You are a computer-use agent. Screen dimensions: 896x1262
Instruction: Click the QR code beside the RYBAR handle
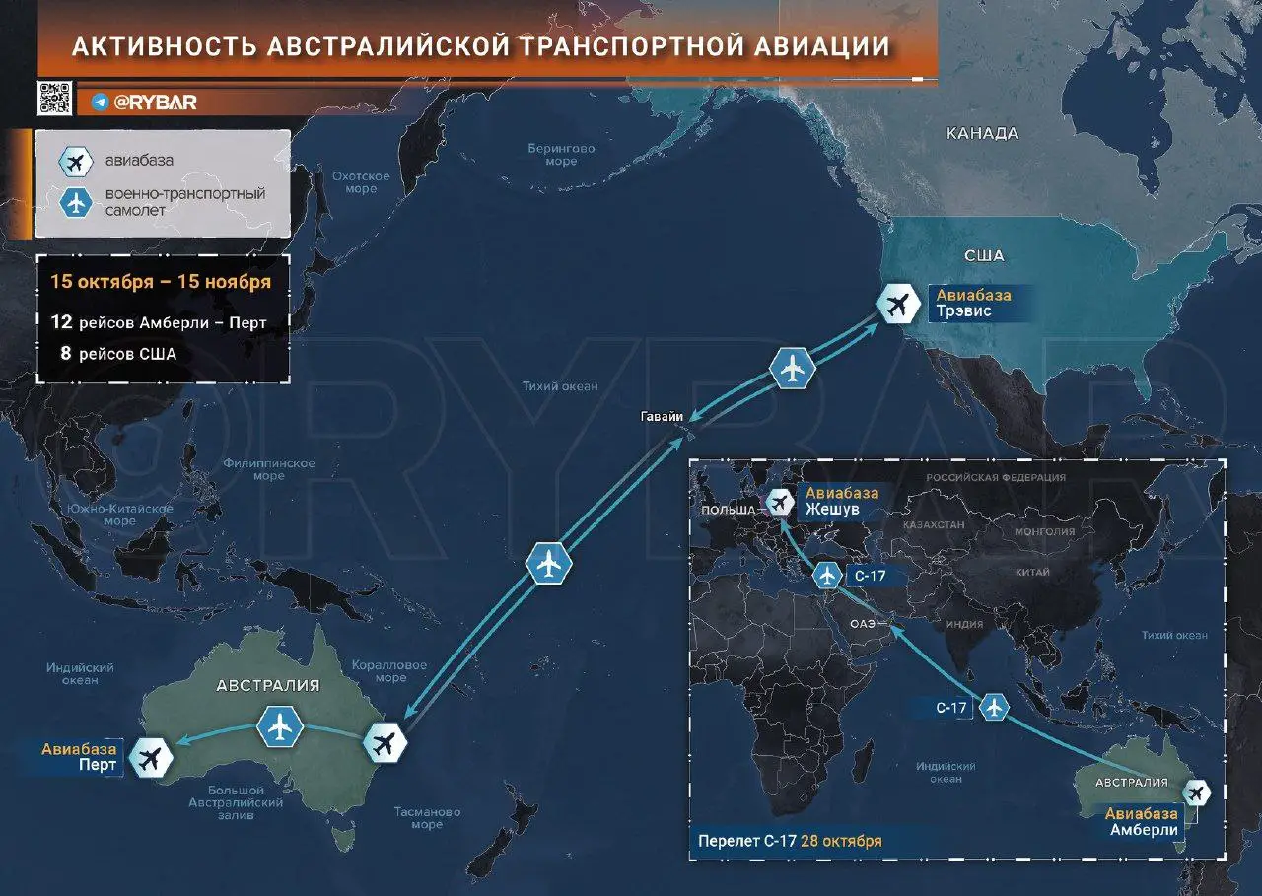[x=54, y=99]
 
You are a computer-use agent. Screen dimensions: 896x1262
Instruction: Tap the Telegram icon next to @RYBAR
[x=100, y=102]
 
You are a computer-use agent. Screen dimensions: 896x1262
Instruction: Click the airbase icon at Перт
[x=151, y=757]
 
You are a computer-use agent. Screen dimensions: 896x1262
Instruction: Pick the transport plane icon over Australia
[x=281, y=726]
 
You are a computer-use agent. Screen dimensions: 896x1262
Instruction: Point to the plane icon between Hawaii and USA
[x=792, y=368]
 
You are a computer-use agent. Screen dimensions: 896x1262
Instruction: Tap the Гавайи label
[x=661, y=417]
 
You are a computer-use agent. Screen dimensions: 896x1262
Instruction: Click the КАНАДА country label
[x=981, y=133]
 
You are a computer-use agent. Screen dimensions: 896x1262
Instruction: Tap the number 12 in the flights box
[x=61, y=322]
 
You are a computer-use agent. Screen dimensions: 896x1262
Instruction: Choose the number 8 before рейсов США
[x=65, y=353]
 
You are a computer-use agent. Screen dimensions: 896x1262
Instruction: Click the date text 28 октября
[x=841, y=841]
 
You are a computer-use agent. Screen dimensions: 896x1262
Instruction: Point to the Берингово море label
[x=561, y=155]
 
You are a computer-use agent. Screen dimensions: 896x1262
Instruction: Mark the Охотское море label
[x=360, y=182]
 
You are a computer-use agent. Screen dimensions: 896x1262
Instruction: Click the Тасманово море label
[x=427, y=818]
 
